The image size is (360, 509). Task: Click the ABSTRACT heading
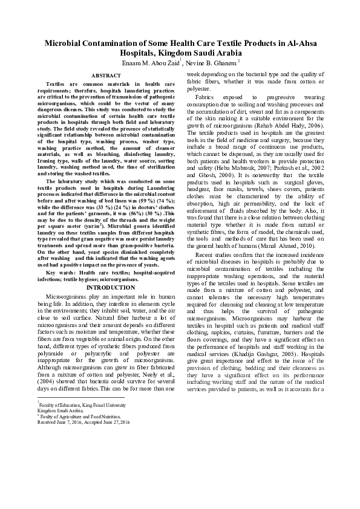pos(105,76)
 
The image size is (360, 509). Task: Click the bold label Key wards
pos(59,274)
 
